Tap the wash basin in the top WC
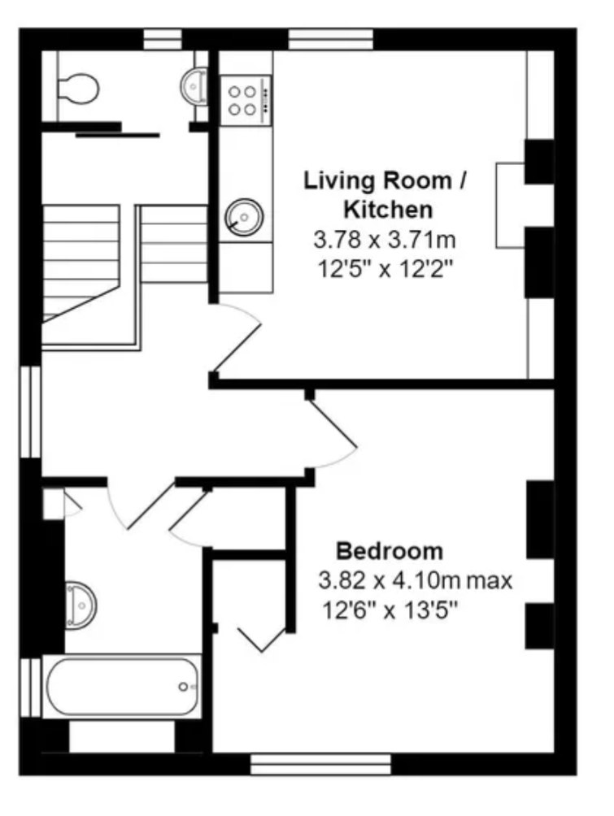(x=194, y=85)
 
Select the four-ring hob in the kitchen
(x=246, y=101)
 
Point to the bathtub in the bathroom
(x=122, y=687)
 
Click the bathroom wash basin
(x=81, y=605)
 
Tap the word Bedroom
(x=390, y=551)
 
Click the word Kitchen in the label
(x=388, y=210)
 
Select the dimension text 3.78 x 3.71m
(x=385, y=240)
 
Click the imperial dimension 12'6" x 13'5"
(x=390, y=610)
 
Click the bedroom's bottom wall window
(x=320, y=765)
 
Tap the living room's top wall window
(x=331, y=39)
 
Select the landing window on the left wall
(x=30, y=412)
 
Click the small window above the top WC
(x=163, y=39)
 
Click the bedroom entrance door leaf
(x=333, y=424)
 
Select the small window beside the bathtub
(x=30, y=688)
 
